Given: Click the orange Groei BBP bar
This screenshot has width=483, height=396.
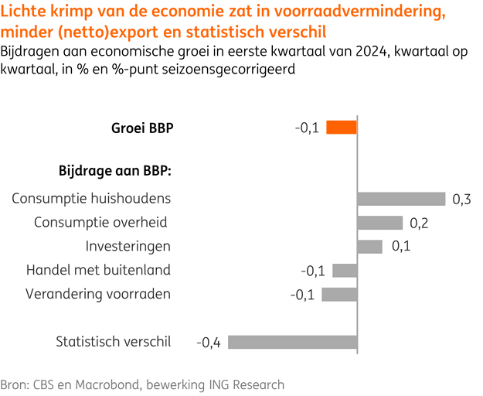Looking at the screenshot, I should tap(342, 128).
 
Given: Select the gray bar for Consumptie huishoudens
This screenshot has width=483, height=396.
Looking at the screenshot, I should tap(401, 199).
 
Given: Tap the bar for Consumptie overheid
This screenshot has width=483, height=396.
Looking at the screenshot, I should tap(379, 223).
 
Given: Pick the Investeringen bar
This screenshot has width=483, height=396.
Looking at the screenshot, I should tap(369, 247).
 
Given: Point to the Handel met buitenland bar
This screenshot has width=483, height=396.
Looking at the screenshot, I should tap(345, 271).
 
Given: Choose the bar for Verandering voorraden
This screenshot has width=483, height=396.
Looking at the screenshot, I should tap(339, 294).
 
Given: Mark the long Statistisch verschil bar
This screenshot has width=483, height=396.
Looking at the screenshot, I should tap(292, 342).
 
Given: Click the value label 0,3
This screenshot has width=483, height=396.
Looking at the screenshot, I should tap(461, 200).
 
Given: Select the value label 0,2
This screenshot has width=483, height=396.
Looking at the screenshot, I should tap(419, 224).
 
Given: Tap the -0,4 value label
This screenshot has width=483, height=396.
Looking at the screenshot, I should tap(209, 343).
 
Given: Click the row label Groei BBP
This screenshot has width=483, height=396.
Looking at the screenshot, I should tap(142, 128).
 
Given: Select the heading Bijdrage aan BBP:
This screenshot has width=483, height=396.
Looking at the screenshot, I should tap(115, 170).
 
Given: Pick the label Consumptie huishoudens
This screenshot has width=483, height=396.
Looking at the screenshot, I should tap(91, 199).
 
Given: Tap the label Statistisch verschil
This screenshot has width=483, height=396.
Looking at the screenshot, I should tap(113, 342).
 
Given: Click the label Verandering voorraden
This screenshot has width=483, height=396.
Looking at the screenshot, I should tap(98, 294).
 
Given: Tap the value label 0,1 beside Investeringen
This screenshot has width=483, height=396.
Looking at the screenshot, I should tap(400, 247).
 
